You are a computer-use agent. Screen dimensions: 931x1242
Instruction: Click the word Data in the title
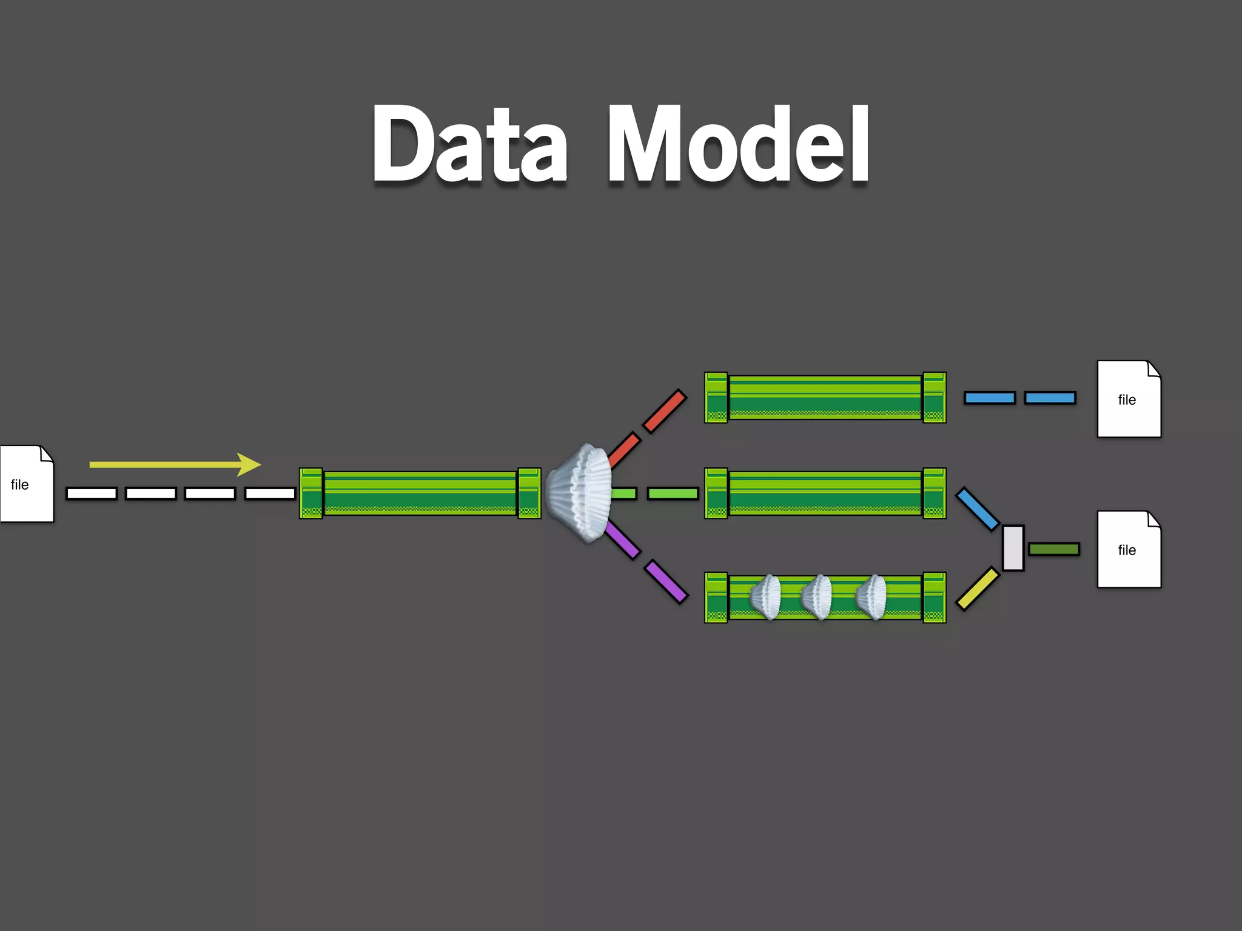pyautogui.click(x=470, y=144)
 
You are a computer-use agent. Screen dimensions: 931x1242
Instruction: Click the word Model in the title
pyautogui.click(x=739, y=144)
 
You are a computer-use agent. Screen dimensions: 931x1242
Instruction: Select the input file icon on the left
pyautogui.click(x=26, y=484)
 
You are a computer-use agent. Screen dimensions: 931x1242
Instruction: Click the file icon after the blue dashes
pyautogui.click(x=1129, y=399)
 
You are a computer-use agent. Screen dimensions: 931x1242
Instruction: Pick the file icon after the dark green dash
pyautogui.click(x=1129, y=549)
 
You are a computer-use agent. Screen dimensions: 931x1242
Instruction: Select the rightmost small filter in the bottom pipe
pyautogui.click(x=871, y=597)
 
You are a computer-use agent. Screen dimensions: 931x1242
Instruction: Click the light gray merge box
pyautogui.click(x=1013, y=548)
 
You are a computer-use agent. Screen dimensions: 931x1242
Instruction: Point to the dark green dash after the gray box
pyautogui.click(x=1054, y=549)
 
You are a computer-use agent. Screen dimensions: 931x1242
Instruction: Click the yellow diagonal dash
pyautogui.click(x=977, y=588)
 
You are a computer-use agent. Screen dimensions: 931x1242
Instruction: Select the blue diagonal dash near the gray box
pyautogui.click(x=977, y=509)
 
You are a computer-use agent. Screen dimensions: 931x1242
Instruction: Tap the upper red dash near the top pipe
pyautogui.click(x=665, y=411)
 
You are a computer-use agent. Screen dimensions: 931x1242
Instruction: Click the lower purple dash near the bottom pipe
pyautogui.click(x=666, y=581)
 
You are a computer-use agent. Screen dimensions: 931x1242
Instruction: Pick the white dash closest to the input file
pyautogui.click(x=92, y=493)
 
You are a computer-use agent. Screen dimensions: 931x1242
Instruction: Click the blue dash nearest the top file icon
pyautogui.click(x=1050, y=398)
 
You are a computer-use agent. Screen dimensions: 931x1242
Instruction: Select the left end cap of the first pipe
pyautogui.click(x=311, y=493)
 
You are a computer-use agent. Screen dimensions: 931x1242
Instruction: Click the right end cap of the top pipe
pyautogui.click(x=934, y=398)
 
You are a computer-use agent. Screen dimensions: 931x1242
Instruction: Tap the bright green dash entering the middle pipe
pyautogui.click(x=673, y=493)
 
